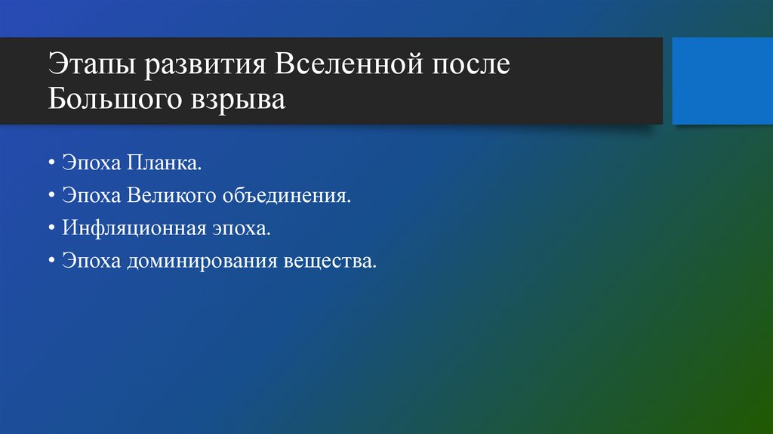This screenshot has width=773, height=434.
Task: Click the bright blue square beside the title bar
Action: pos(716,81)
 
